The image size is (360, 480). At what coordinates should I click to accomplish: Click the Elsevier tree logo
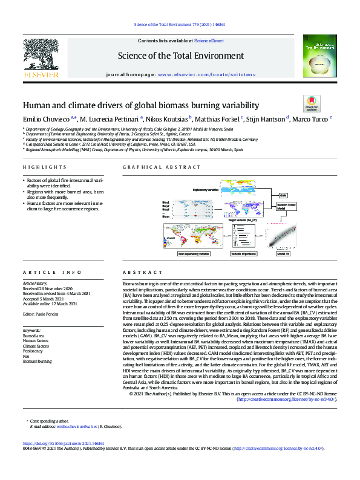[x=41, y=54]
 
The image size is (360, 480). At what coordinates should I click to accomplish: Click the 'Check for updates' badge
[x=311, y=103]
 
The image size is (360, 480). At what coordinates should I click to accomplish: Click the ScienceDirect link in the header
[x=209, y=40]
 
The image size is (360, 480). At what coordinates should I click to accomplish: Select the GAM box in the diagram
[x=283, y=195]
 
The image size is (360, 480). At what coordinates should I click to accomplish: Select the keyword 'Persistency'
[x=33, y=351]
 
